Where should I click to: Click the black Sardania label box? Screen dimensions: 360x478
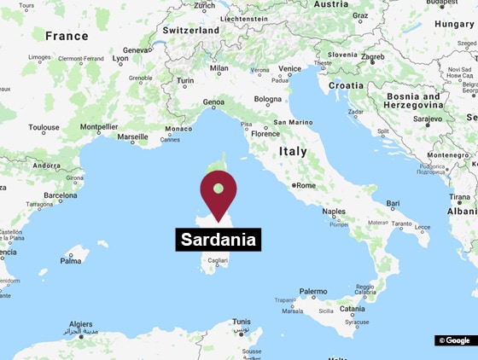tap(218, 240)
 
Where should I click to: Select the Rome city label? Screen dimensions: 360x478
tap(305, 185)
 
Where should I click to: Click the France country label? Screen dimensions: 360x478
tap(67, 36)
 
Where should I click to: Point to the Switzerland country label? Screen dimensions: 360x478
tap(191, 30)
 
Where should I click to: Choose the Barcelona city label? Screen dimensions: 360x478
tap(61, 195)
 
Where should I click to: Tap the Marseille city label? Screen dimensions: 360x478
tap(132, 136)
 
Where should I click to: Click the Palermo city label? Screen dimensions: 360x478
tap(313, 292)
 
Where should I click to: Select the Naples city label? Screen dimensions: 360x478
tap(334, 211)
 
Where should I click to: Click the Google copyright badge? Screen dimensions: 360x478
tap(454, 340)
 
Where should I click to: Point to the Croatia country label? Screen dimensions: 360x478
tap(346, 85)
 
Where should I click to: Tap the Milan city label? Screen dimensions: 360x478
tap(219, 68)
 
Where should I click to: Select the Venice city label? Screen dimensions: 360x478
tap(290, 68)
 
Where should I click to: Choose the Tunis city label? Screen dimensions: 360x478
tap(242, 322)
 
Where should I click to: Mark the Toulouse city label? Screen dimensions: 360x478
tap(44, 128)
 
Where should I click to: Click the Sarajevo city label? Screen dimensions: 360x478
tap(428, 119)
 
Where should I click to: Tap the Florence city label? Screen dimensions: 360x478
tap(265, 134)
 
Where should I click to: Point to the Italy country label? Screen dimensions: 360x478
tap(293, 151)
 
